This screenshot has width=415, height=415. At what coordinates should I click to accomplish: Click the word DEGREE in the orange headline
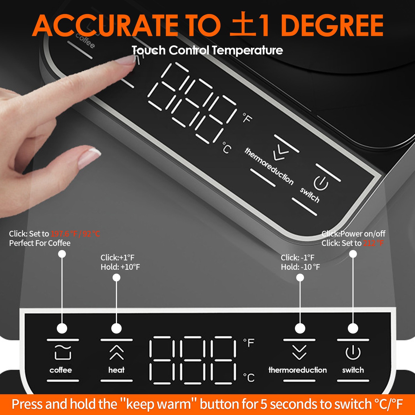tap(332, 25)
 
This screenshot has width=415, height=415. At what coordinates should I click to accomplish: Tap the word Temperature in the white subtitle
tap(247, 50)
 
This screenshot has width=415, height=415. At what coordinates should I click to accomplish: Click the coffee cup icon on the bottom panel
tap(63, 352)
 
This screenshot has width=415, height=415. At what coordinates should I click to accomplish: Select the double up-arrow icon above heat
tap(116, 352)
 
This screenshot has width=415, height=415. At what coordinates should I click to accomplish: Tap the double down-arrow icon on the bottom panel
tap(299, 352)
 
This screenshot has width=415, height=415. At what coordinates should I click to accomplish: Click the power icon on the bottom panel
tap(353, 352)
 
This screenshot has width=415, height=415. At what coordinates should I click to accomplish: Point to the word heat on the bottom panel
tap(116, 370)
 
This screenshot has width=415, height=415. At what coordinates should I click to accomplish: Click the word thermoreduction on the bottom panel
tap(298, 370)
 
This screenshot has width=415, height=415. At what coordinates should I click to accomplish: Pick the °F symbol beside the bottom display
tap(249, 343)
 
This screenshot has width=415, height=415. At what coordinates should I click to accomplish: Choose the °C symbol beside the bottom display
tap(249, 378)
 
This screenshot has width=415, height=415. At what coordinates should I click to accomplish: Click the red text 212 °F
tap(373, 243)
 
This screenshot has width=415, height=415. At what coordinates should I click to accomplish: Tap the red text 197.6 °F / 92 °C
tap(75, 234)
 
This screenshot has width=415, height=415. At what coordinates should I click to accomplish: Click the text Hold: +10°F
tap(120, 267)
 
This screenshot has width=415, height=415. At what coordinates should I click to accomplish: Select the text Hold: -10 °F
tap(300, 267)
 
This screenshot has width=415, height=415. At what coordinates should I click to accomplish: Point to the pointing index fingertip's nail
tap(126, 60)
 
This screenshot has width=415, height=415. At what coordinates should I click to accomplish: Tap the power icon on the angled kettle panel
tap(321, 183)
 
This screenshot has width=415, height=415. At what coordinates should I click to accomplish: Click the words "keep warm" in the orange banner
tap(159, 404)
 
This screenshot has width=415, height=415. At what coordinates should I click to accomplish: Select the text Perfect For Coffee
tap(40, 243)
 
